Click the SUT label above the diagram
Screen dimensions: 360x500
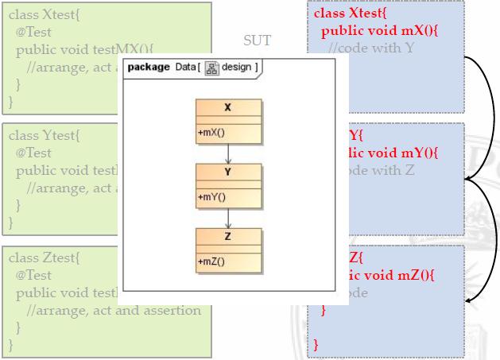coord(257,41)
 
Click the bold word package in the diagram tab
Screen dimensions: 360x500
coord(149,67)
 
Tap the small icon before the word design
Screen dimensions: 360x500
coord(212,67)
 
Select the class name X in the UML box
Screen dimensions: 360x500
coord(228,107)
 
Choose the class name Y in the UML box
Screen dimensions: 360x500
coord(228,171)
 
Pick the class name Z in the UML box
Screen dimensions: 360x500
coord(228,235)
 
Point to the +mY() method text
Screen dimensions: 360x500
coord(211,197)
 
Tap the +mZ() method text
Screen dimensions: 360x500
coord(211,261)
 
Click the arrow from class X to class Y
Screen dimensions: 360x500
coord(228,153)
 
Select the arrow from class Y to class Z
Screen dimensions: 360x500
coord(228,217)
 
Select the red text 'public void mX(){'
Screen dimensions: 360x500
coord(376,31)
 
